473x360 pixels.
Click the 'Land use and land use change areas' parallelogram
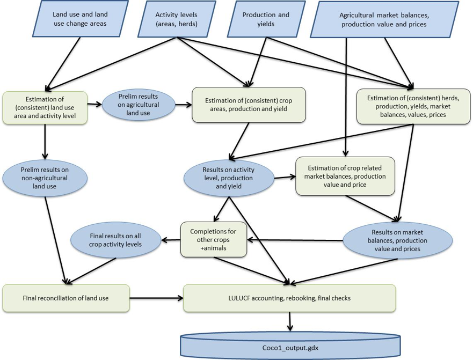[79, 19]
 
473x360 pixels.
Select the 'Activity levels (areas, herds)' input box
[176, 19]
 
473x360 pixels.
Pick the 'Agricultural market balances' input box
[383, 20]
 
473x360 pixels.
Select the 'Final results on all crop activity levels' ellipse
[115, 240]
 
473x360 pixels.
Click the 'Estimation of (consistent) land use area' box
[45, 107]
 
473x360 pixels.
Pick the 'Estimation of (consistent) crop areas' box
[249, 105]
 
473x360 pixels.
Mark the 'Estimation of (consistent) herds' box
[413, 106]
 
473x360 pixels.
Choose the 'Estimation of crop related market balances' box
[345, 176]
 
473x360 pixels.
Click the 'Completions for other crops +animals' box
[213, 239]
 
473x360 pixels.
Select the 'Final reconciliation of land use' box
[66, 298]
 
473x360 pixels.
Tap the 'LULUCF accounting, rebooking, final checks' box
[289, 298]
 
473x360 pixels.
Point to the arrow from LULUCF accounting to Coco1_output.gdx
[290, 321]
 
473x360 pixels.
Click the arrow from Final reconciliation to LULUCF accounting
[156, 298]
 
